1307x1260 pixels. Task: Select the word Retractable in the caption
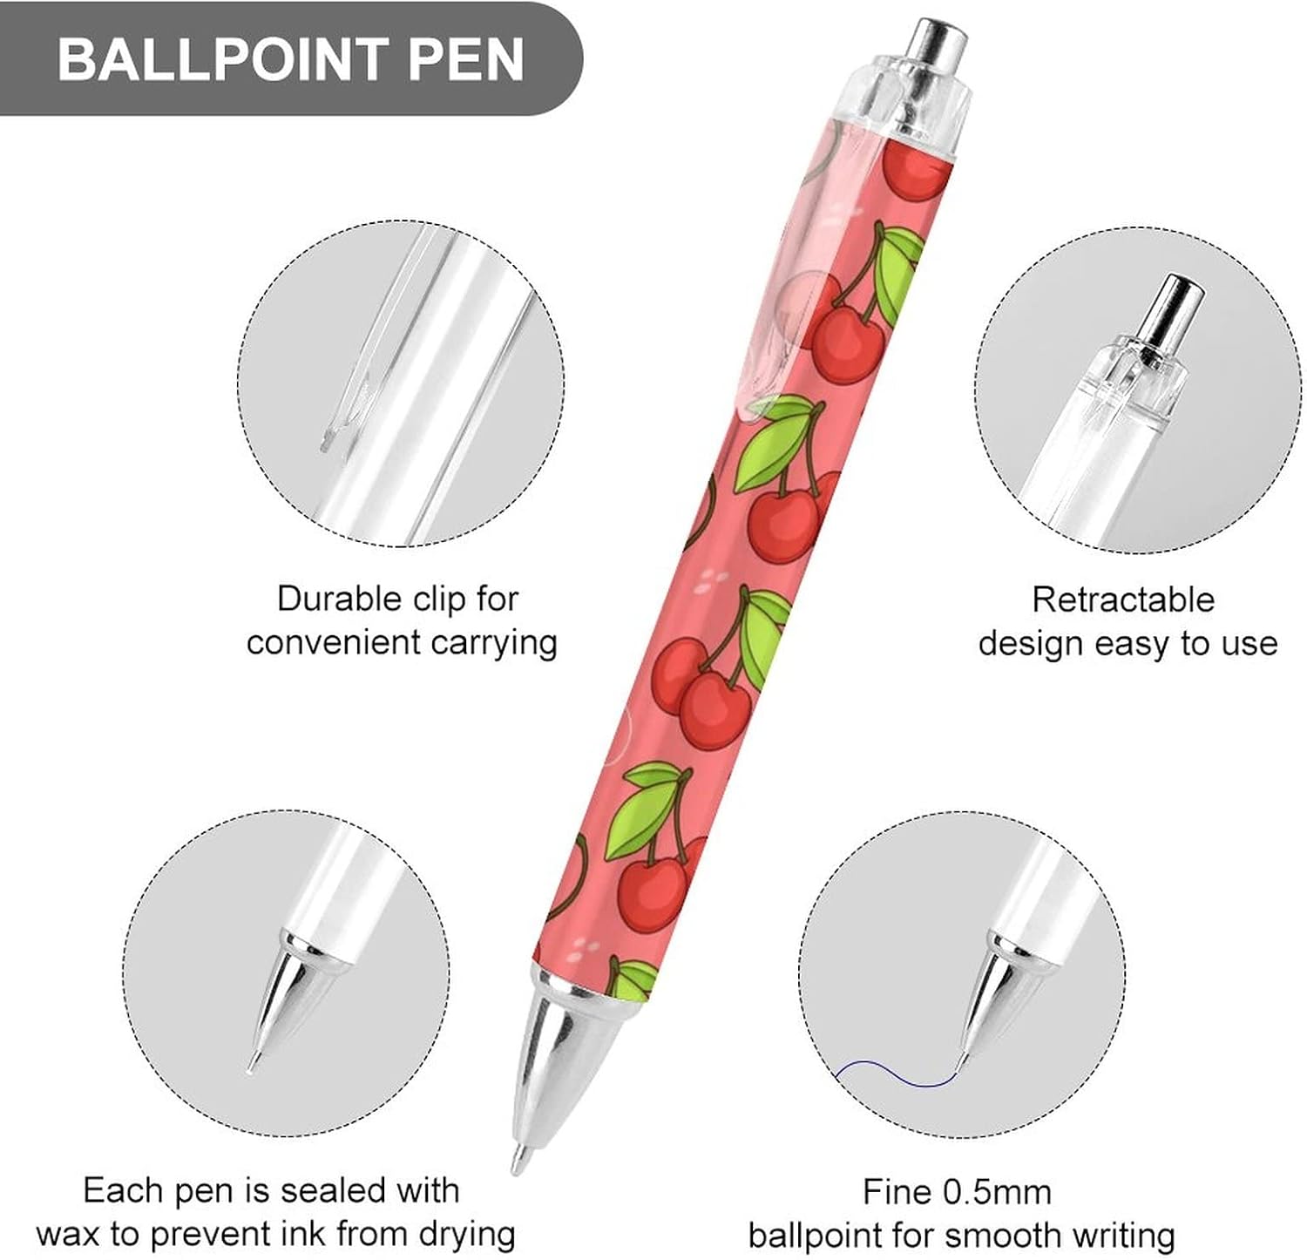tap(1122, 600)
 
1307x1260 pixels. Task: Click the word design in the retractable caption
tap(1030, 644)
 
